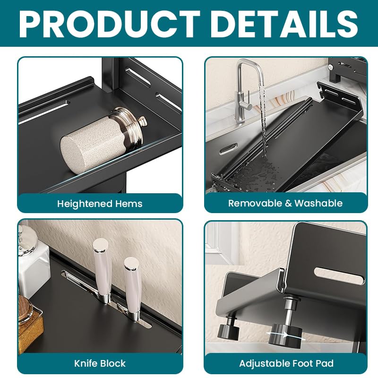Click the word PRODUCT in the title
(x=110, y=24)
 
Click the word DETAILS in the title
(x=285, y=24)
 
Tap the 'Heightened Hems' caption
(x=100, y=204)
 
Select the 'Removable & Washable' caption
(x=285, y=203)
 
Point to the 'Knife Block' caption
(x=100, y=363)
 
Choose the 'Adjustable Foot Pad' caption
(x=286, y=363)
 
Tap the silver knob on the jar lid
(x=142, y=120)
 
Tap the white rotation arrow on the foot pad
(x=286, y=335)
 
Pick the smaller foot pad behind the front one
(x=228, y=331)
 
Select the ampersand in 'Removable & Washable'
(x=288, y=203)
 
